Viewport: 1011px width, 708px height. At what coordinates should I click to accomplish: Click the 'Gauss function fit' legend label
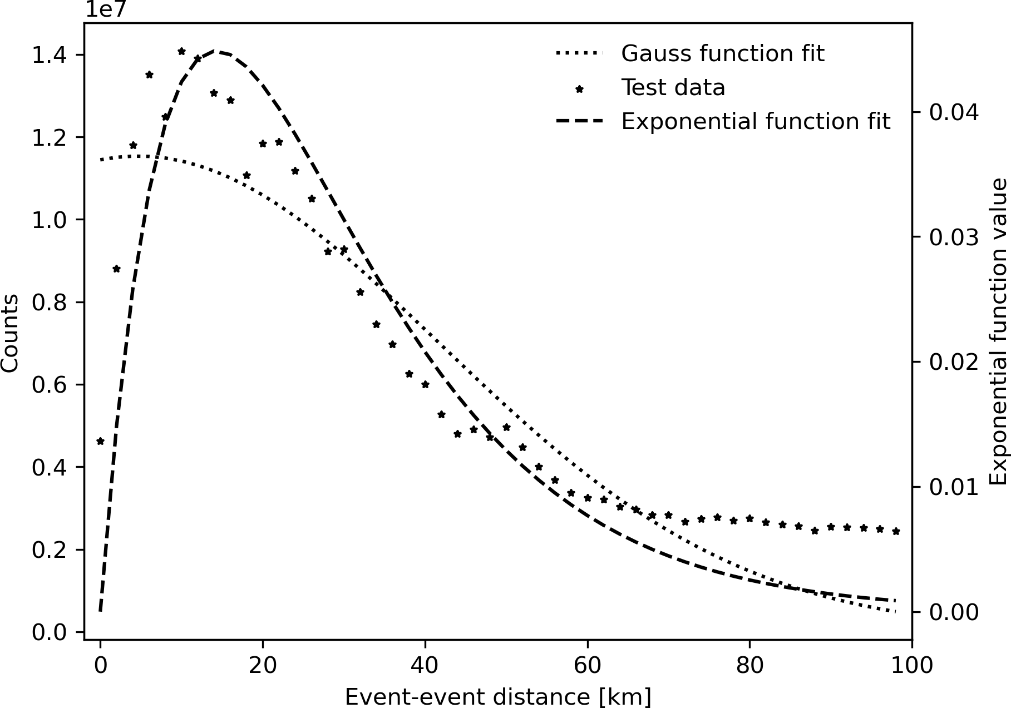(x=722, y=54)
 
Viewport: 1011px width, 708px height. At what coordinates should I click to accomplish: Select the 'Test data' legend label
(x=673, y=88)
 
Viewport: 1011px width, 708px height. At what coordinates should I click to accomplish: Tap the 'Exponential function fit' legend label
(x=756, y=122)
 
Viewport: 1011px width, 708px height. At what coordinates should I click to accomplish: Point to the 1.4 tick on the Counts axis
(x=49, y=55)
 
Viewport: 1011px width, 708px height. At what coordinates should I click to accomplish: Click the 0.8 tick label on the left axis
(x=49, y=303)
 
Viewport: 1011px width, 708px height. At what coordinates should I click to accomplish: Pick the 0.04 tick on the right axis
(x=954, y=113)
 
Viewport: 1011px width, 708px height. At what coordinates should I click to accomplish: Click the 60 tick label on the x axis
(x=588, y=665)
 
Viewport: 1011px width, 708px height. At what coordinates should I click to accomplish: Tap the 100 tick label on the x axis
(x=912, y=665)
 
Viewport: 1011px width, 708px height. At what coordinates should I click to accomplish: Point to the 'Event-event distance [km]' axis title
(x=498, y=697)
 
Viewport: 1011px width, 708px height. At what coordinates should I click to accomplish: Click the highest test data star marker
(x=181, y=51)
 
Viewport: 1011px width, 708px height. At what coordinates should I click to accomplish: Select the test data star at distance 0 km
(x=100, y=442)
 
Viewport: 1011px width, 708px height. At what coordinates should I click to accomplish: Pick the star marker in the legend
(x=579, y=88)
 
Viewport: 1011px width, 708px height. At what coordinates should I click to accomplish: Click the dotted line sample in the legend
(x=579, y=54)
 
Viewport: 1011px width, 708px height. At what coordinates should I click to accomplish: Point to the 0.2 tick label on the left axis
(x=49, y=550)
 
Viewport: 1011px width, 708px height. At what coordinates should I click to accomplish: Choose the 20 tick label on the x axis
(x=263, y=665)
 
